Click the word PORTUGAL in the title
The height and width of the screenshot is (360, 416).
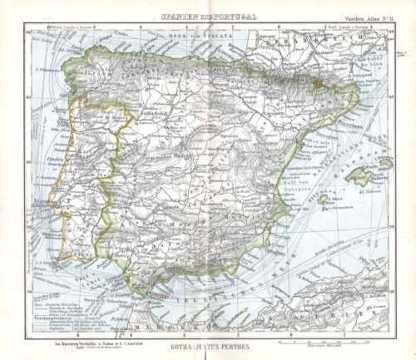235,17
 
